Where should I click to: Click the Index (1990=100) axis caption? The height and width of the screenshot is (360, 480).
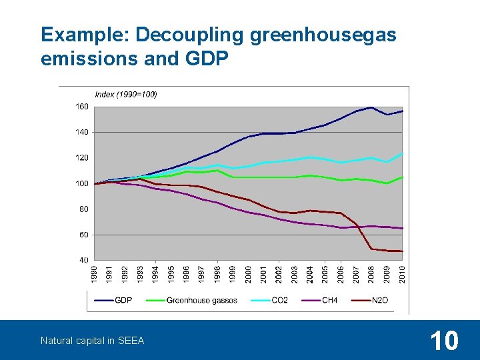click(x=126, y=95)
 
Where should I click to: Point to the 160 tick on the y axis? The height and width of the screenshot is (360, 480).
click(x=81, y=107)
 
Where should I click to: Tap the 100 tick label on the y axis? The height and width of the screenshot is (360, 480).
click(x=81, y=183)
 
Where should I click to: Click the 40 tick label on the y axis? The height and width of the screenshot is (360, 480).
click(x=83, y=260)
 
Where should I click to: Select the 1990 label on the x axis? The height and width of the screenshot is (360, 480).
click(x=95, y=274)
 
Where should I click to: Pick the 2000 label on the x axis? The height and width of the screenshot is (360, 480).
click(x=249, y=274)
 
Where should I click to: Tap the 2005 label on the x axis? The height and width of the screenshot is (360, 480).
click(x=325, y=274)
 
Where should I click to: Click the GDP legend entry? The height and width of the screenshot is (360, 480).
click(x=123, y=301)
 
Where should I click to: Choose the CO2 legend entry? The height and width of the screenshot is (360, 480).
click(x=279, y=301)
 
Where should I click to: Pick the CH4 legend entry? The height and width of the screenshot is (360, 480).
click(x=329, y=301)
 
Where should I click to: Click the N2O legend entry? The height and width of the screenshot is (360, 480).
click(x=379, y=301)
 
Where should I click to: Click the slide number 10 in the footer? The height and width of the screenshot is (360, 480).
click(x=444, y=341)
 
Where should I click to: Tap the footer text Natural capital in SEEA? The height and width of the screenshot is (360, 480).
click(x=92, y=341)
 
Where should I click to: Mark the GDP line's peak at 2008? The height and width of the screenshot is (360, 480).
click(x=371, y=107)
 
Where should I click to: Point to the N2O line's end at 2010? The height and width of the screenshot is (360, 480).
click(x=403, y=251)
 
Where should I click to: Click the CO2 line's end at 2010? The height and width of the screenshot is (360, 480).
click(x=403, y=154)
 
